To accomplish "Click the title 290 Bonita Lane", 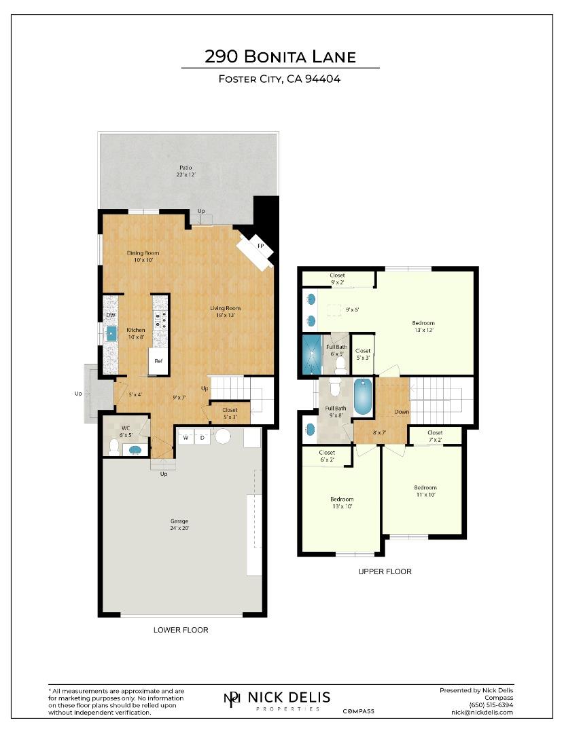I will point(280,56).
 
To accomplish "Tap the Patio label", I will point(186,171).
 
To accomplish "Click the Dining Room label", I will point(143,257).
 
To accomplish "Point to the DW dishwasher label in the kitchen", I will point(110,316).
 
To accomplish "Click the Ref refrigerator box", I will point(158,361).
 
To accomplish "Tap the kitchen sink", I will point(111,333).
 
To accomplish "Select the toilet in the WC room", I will point(116,447).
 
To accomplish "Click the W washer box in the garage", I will point(184,438).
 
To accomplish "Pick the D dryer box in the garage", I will point(202,438).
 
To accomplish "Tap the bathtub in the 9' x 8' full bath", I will point(363,396).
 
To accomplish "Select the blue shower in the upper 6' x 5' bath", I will point(311,354).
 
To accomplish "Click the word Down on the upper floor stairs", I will point(402,412).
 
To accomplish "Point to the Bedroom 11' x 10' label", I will point(425,491).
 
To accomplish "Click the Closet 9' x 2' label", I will point(337,279).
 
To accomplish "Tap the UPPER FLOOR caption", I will point(385,571).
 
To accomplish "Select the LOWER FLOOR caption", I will point(181,630).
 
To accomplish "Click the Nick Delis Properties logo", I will point(277,699).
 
